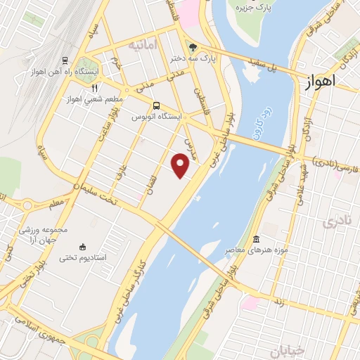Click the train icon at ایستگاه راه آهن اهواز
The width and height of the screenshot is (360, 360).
click(65, 60)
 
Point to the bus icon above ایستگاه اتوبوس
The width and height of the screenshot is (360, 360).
click(157, 105)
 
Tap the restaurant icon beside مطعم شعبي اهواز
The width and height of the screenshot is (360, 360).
click(94, 88)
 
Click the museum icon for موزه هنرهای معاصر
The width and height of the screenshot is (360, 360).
click(255, 239)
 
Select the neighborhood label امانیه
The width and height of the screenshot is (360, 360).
click(141, 44)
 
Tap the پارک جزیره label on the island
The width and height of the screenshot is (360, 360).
click(252, 8)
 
